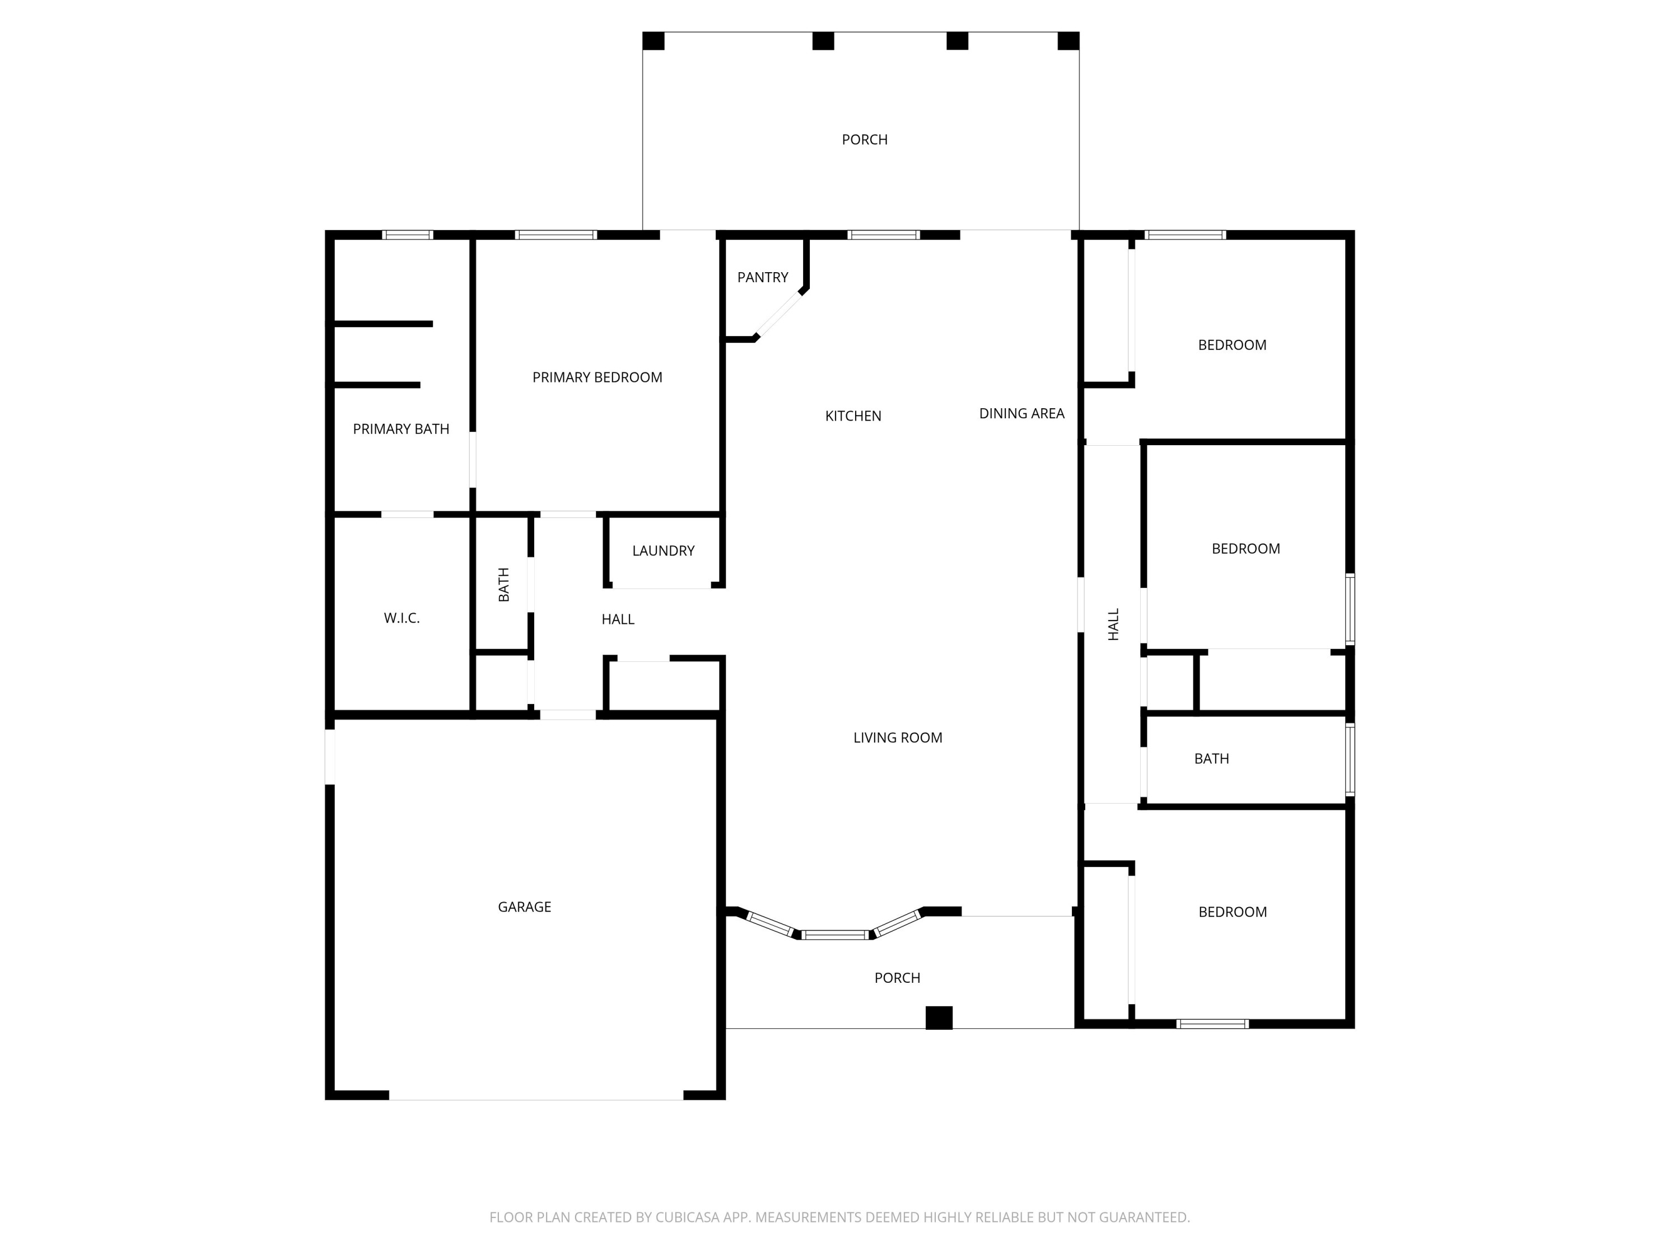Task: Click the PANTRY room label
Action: click(x=763, y=277)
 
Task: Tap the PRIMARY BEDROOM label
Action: click(x=597, y=377)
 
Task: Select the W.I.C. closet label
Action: click(x=401, y=618)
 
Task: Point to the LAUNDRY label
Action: click(x=663, y=550)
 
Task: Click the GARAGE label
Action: click(x=524, y=907)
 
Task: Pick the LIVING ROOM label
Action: click(x=897, y=738)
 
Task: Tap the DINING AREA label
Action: click(x=1021, y=413)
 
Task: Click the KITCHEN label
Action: click(x=853, y=416)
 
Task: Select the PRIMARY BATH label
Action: click(x=400, y=429)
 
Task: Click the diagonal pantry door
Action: click(x=780, y=314)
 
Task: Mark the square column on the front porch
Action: click(x=939, y=1018)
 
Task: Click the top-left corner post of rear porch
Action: click(x=653, y=41)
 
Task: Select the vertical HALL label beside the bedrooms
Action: click(x=1113, y=624)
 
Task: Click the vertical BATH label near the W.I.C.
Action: click(x=503, y=584)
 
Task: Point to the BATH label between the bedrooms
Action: click(x=1211, y=759)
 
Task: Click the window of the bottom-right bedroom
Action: click(x=1212, y=1024)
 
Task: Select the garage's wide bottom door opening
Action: click(x=536, y=1095)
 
